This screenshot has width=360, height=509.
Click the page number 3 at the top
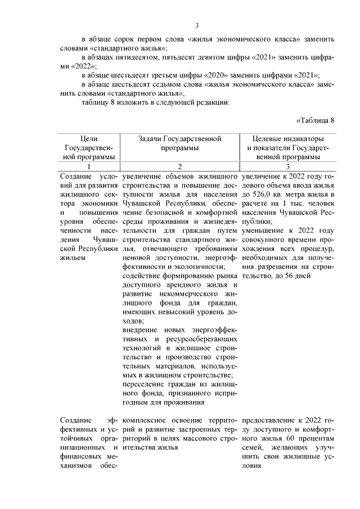[x=197, y=25]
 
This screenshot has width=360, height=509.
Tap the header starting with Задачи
[x=179, y=143]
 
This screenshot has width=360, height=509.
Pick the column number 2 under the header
[x=179, y=166]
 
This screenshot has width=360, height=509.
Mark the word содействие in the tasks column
[x=142, y=276]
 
